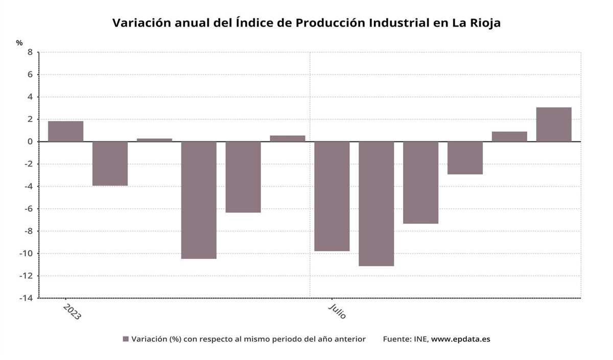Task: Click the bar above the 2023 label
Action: tap(66, 131)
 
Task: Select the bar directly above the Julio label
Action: tap(332, 196)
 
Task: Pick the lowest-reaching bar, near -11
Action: tap(376, 204)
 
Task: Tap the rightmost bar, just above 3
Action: tap(554, 125)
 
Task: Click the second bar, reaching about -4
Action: tap(110, 163)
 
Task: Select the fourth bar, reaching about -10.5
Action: tap(199, 200)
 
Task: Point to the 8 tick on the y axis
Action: tap(30, 52)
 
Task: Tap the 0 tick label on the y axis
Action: tap(30, 141)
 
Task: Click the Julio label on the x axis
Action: tap(337, 310)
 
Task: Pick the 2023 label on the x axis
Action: tap(72, 311)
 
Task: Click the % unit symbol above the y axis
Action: tap(19, 43)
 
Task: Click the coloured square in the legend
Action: tap(126, 339)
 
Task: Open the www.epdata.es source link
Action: tap(460, 339)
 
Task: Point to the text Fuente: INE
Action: tap(406, 339)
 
